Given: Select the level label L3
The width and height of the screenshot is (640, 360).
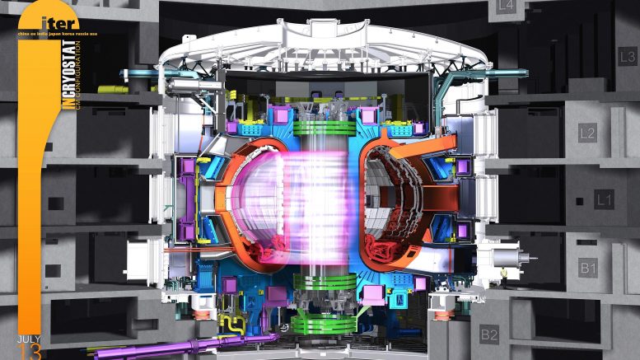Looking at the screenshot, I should pos(627,57).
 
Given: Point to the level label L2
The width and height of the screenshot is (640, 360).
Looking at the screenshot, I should pos(587,133).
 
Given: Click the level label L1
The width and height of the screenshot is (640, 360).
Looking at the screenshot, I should pos(604,199).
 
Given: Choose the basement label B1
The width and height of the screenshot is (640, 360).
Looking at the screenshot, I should pos(588,268).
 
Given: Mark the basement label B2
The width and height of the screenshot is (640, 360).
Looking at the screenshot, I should pos(489,334).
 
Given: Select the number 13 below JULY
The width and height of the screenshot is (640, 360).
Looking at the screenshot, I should pos(28,352).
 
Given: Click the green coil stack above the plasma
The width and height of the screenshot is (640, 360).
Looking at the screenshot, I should pos(320,127).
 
